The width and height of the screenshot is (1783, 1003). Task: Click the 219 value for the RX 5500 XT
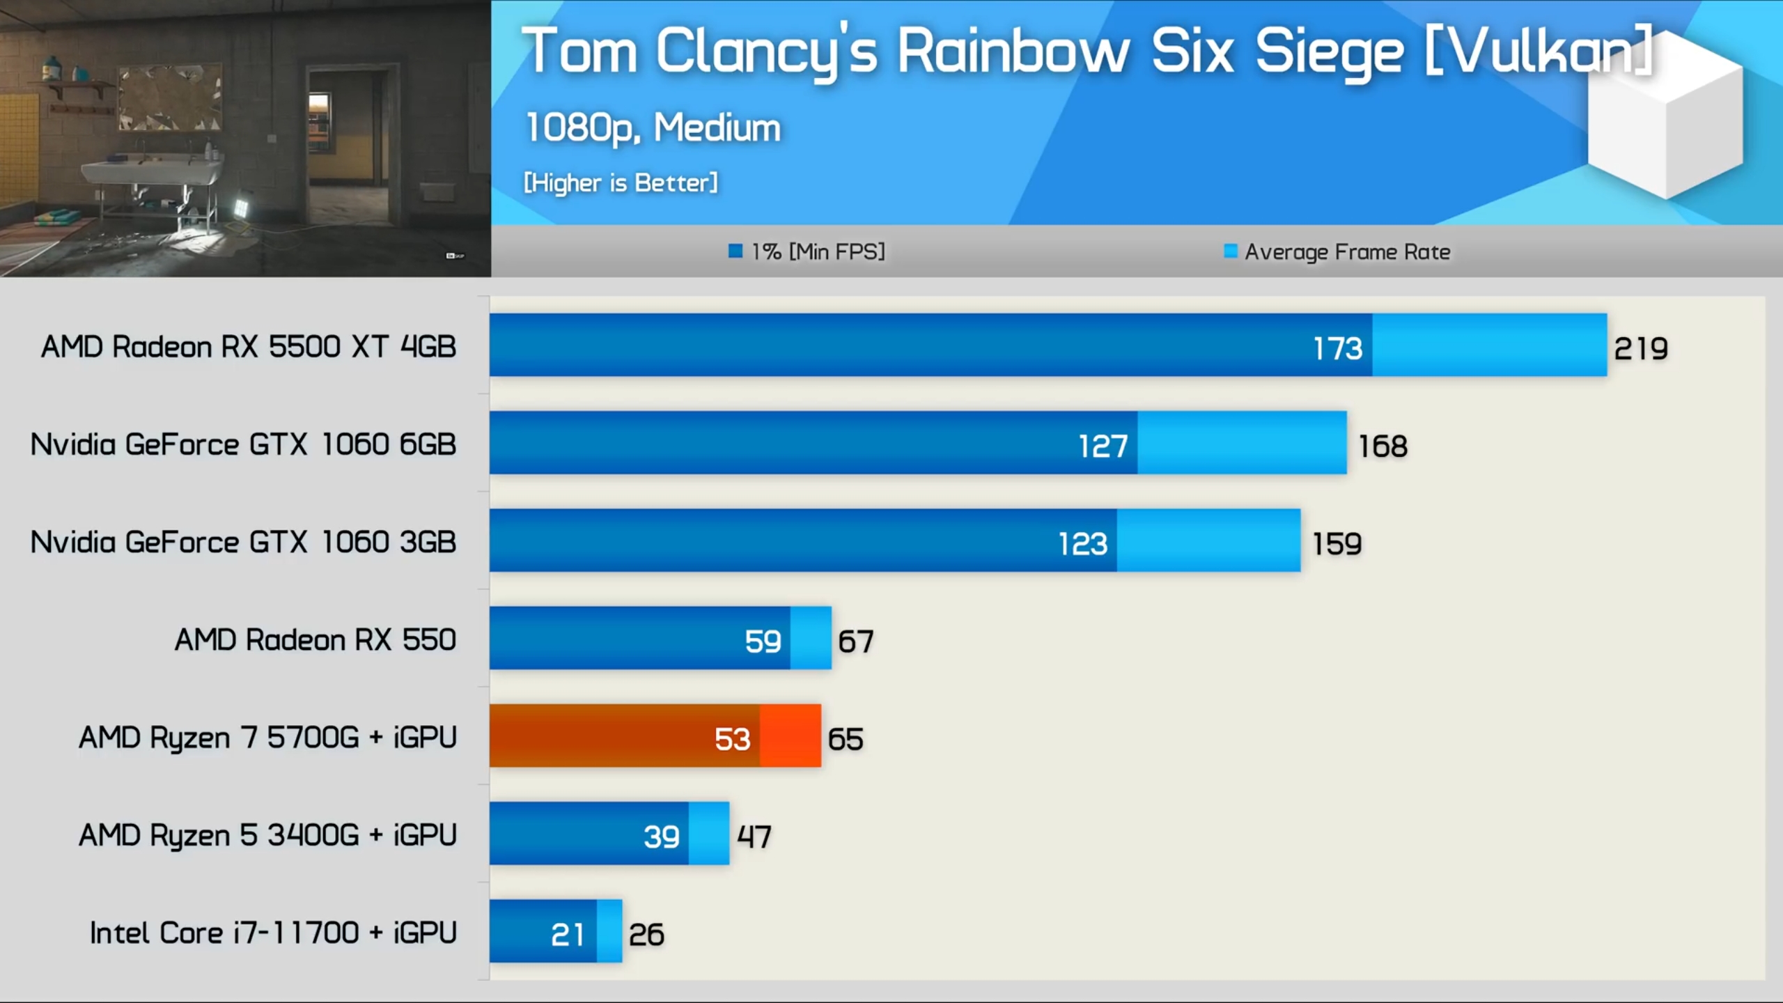click(x=1641, y=348)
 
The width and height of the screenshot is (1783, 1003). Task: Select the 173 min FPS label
click(x=1337, y=348)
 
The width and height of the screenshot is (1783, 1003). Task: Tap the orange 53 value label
click(x=732, y=739)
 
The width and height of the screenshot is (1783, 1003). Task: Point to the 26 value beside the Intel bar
click(x=646, y=935)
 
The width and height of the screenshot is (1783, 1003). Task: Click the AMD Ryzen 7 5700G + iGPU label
click(x=268, y=738)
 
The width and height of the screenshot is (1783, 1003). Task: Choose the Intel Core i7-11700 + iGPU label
click(x=273, y=933)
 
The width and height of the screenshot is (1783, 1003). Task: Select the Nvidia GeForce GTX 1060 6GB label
click(x=243, y=444)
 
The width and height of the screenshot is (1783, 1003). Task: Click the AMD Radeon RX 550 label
click(x=316, y=639)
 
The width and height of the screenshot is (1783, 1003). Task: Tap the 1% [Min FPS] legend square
click(x=735, y=251)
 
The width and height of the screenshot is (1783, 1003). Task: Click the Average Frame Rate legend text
click(x=1347, y=251)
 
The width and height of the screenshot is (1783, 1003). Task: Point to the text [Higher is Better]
click(x=621, y=182)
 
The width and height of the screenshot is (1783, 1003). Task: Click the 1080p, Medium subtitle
click(x=653, y=128)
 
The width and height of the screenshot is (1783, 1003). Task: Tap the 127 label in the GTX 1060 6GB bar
click(x=1103, y=446)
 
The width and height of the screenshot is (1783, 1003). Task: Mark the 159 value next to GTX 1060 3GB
click(x=1337, y=544)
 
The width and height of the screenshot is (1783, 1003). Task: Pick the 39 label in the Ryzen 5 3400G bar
click(x=661, y=837)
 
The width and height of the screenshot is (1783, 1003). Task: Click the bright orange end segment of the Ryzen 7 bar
click(x=791, y=736)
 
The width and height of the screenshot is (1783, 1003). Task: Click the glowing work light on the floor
click(x=241, y=207)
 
